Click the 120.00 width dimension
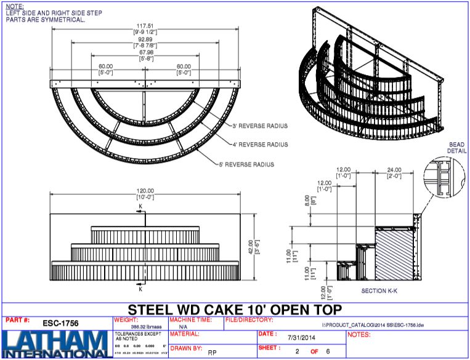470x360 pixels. [x=147, y=191]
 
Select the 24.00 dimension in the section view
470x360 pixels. [x=394, y=170]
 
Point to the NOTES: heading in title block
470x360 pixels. [x=359, y=335]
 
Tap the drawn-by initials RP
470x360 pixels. [x=212, y=353]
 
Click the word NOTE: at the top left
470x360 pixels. [x=14, y=6]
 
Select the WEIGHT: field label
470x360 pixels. [x=126, y=320]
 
